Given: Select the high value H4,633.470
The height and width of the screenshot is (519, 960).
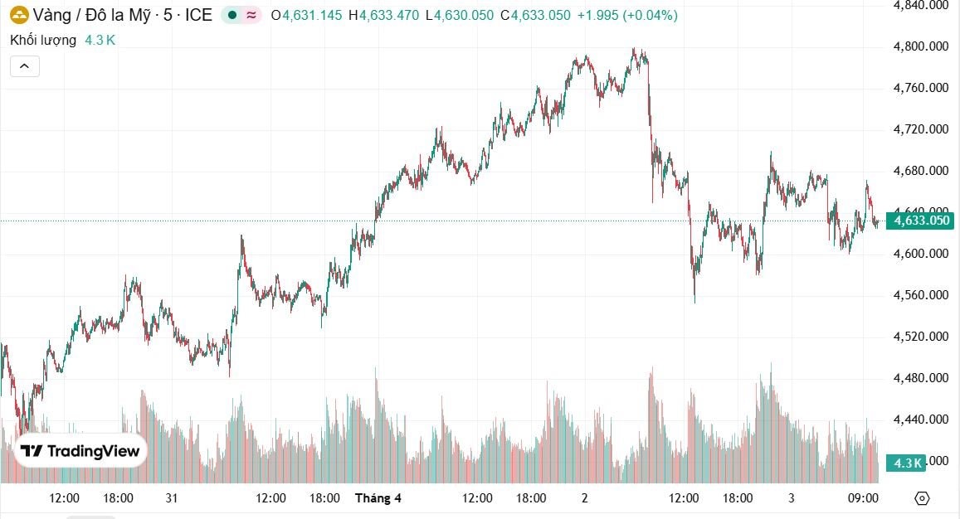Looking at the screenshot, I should point(383,15).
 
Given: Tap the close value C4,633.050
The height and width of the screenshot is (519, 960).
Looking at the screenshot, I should point(535,15).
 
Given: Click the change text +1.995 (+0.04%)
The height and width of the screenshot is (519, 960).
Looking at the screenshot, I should point(627,15).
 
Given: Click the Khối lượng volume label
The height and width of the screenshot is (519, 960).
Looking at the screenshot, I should point(43,40).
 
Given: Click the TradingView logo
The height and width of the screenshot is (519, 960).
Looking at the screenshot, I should point(80,451).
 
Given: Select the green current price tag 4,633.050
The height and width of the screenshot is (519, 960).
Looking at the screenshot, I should point(919,221).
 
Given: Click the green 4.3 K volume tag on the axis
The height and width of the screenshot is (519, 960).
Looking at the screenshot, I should point(905,463).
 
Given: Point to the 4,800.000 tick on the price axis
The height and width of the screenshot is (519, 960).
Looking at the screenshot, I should point(920,46).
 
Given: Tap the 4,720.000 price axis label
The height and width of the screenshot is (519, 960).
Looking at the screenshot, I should point(920,129).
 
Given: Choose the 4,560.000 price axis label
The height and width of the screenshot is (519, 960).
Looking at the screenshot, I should point(920,295).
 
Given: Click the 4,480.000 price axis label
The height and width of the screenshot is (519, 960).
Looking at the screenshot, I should point(920,378).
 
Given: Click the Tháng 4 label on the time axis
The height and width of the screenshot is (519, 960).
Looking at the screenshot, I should point(378,498).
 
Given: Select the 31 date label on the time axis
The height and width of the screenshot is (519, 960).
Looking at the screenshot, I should point(172,498).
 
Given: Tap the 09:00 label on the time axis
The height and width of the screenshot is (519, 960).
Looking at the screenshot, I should point(864,498).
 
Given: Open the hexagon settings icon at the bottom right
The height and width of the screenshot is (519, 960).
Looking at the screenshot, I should point(922,498).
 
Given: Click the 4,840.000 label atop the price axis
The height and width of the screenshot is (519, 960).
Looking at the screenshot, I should point(920,5).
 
